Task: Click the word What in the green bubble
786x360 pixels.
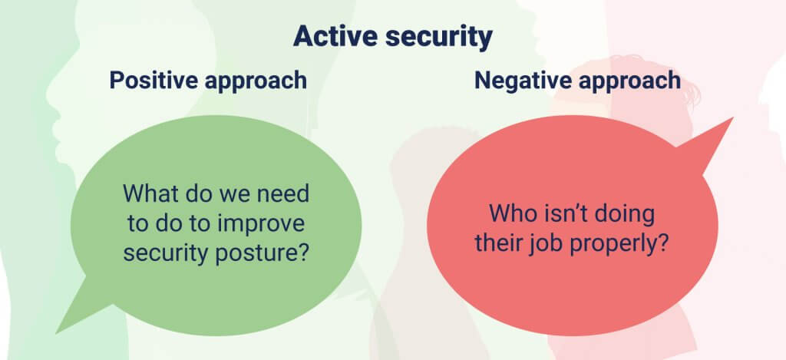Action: pos(146,194)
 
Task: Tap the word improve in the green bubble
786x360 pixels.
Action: pos(261,225)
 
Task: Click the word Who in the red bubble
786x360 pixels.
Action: pos(510,213)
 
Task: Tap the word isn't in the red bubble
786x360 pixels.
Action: pos(560,213)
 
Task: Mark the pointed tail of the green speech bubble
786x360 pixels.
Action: pos(57,332)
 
